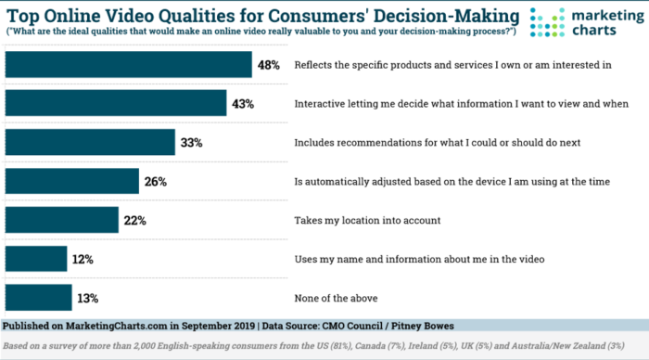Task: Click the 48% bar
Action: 129,64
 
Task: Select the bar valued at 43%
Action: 116,103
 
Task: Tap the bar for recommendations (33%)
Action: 90,142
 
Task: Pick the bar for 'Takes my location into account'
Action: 62,220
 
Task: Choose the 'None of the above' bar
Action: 38,297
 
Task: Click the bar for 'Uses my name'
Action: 36,259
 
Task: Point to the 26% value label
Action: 155,182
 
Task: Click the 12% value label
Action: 83,259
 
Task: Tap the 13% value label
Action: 88,298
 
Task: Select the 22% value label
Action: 134,221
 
